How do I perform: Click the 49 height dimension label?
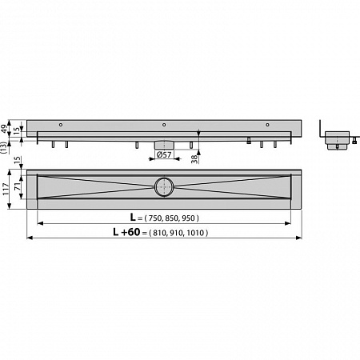click(5, 129)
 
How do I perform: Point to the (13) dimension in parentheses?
click(3, 148)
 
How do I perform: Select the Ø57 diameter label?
click(164, 154)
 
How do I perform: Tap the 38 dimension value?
click(195, 159)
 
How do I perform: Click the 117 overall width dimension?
click(6, 190)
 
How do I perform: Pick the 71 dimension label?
click(17, 186)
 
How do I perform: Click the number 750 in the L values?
click(155, 218)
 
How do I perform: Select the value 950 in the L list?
click(189, 218)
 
